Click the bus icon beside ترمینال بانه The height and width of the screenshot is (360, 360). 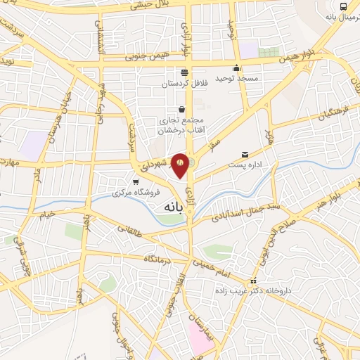[x=344, y=6]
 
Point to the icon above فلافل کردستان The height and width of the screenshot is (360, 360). [x=184, y=72]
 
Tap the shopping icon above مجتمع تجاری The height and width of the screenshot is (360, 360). [x=182, y=109]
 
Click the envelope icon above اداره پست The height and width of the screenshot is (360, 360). [x=245, y=154]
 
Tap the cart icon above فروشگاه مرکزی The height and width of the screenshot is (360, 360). [x=135, y=181]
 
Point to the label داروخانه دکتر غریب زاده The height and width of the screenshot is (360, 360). [x=254, y=290]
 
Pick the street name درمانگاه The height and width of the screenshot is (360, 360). [x=159, y=259]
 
